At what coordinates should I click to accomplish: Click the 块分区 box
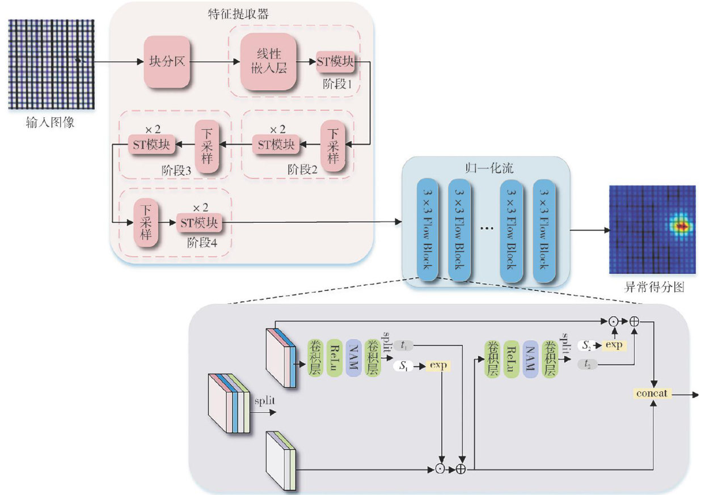click(166, 62)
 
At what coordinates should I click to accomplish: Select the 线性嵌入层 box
click(268, 62)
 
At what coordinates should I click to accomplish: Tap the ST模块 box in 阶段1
click(335, 62)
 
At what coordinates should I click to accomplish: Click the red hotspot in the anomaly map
click(683, 226)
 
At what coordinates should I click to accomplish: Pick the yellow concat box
click(653, 393)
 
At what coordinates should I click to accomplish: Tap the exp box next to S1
click(438, 366)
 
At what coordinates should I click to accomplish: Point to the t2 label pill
click(586, 366)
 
